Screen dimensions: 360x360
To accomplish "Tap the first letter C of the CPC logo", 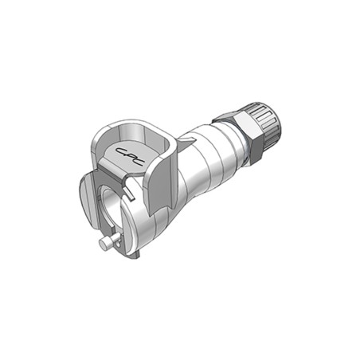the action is [122, 151].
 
